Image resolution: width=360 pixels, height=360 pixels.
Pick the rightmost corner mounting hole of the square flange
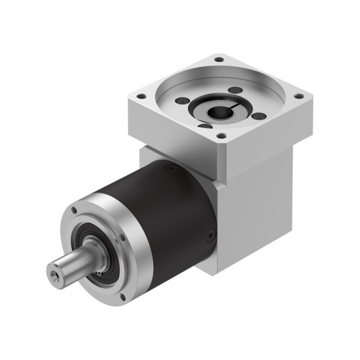(299, 96)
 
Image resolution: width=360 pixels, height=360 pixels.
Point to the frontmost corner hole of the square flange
(222, 136)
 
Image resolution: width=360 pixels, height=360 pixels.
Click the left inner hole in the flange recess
(181, 101)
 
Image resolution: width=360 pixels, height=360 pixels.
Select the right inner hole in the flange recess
(259, 116)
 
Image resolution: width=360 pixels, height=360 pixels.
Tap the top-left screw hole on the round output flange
(74, 210)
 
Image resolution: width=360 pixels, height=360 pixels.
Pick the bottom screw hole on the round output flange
(123, 296)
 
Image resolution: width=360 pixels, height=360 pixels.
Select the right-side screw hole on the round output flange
(121, 238)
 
